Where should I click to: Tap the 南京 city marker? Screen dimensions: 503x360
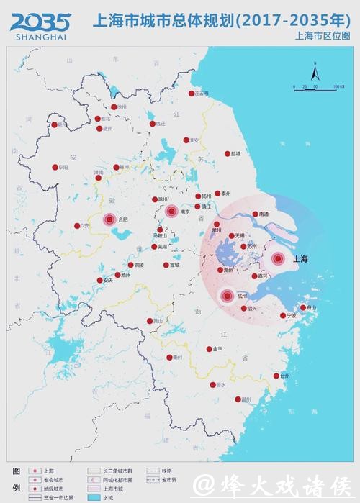point(171,211)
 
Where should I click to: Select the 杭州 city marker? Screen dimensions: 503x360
point(228,295)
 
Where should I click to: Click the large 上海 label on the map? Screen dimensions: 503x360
point(300,259)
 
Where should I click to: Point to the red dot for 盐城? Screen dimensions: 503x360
point(228,153)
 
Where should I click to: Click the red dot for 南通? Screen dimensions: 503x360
point(255,214)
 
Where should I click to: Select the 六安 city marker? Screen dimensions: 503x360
point(77,225)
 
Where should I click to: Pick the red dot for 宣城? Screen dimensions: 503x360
point(165,265)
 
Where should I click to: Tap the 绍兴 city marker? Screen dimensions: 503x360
point(243,308)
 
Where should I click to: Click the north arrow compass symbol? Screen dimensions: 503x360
point(315,72)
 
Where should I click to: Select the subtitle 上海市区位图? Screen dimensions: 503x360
point(320,35)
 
